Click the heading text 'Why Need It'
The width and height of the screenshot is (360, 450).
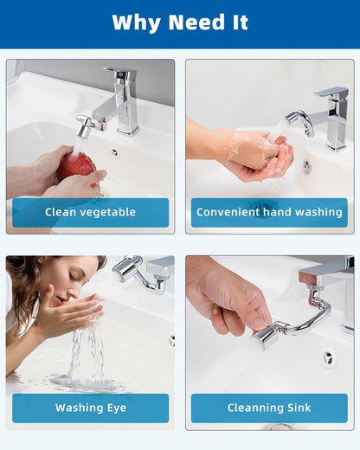click(179, 22)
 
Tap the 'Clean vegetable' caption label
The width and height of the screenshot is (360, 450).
click(90, 212)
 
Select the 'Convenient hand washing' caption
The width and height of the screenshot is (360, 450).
click(269, 212)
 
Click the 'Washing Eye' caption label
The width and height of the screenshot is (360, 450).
click(90, 408)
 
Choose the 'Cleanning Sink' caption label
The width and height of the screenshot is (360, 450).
click(269, 408)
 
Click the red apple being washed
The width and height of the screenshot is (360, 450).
click(76, 164)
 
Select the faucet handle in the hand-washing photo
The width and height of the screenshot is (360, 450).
click(331, 91)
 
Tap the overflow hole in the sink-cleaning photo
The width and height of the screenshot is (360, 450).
click(328, 356)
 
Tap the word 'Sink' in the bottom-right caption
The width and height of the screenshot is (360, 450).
click(294, 408)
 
